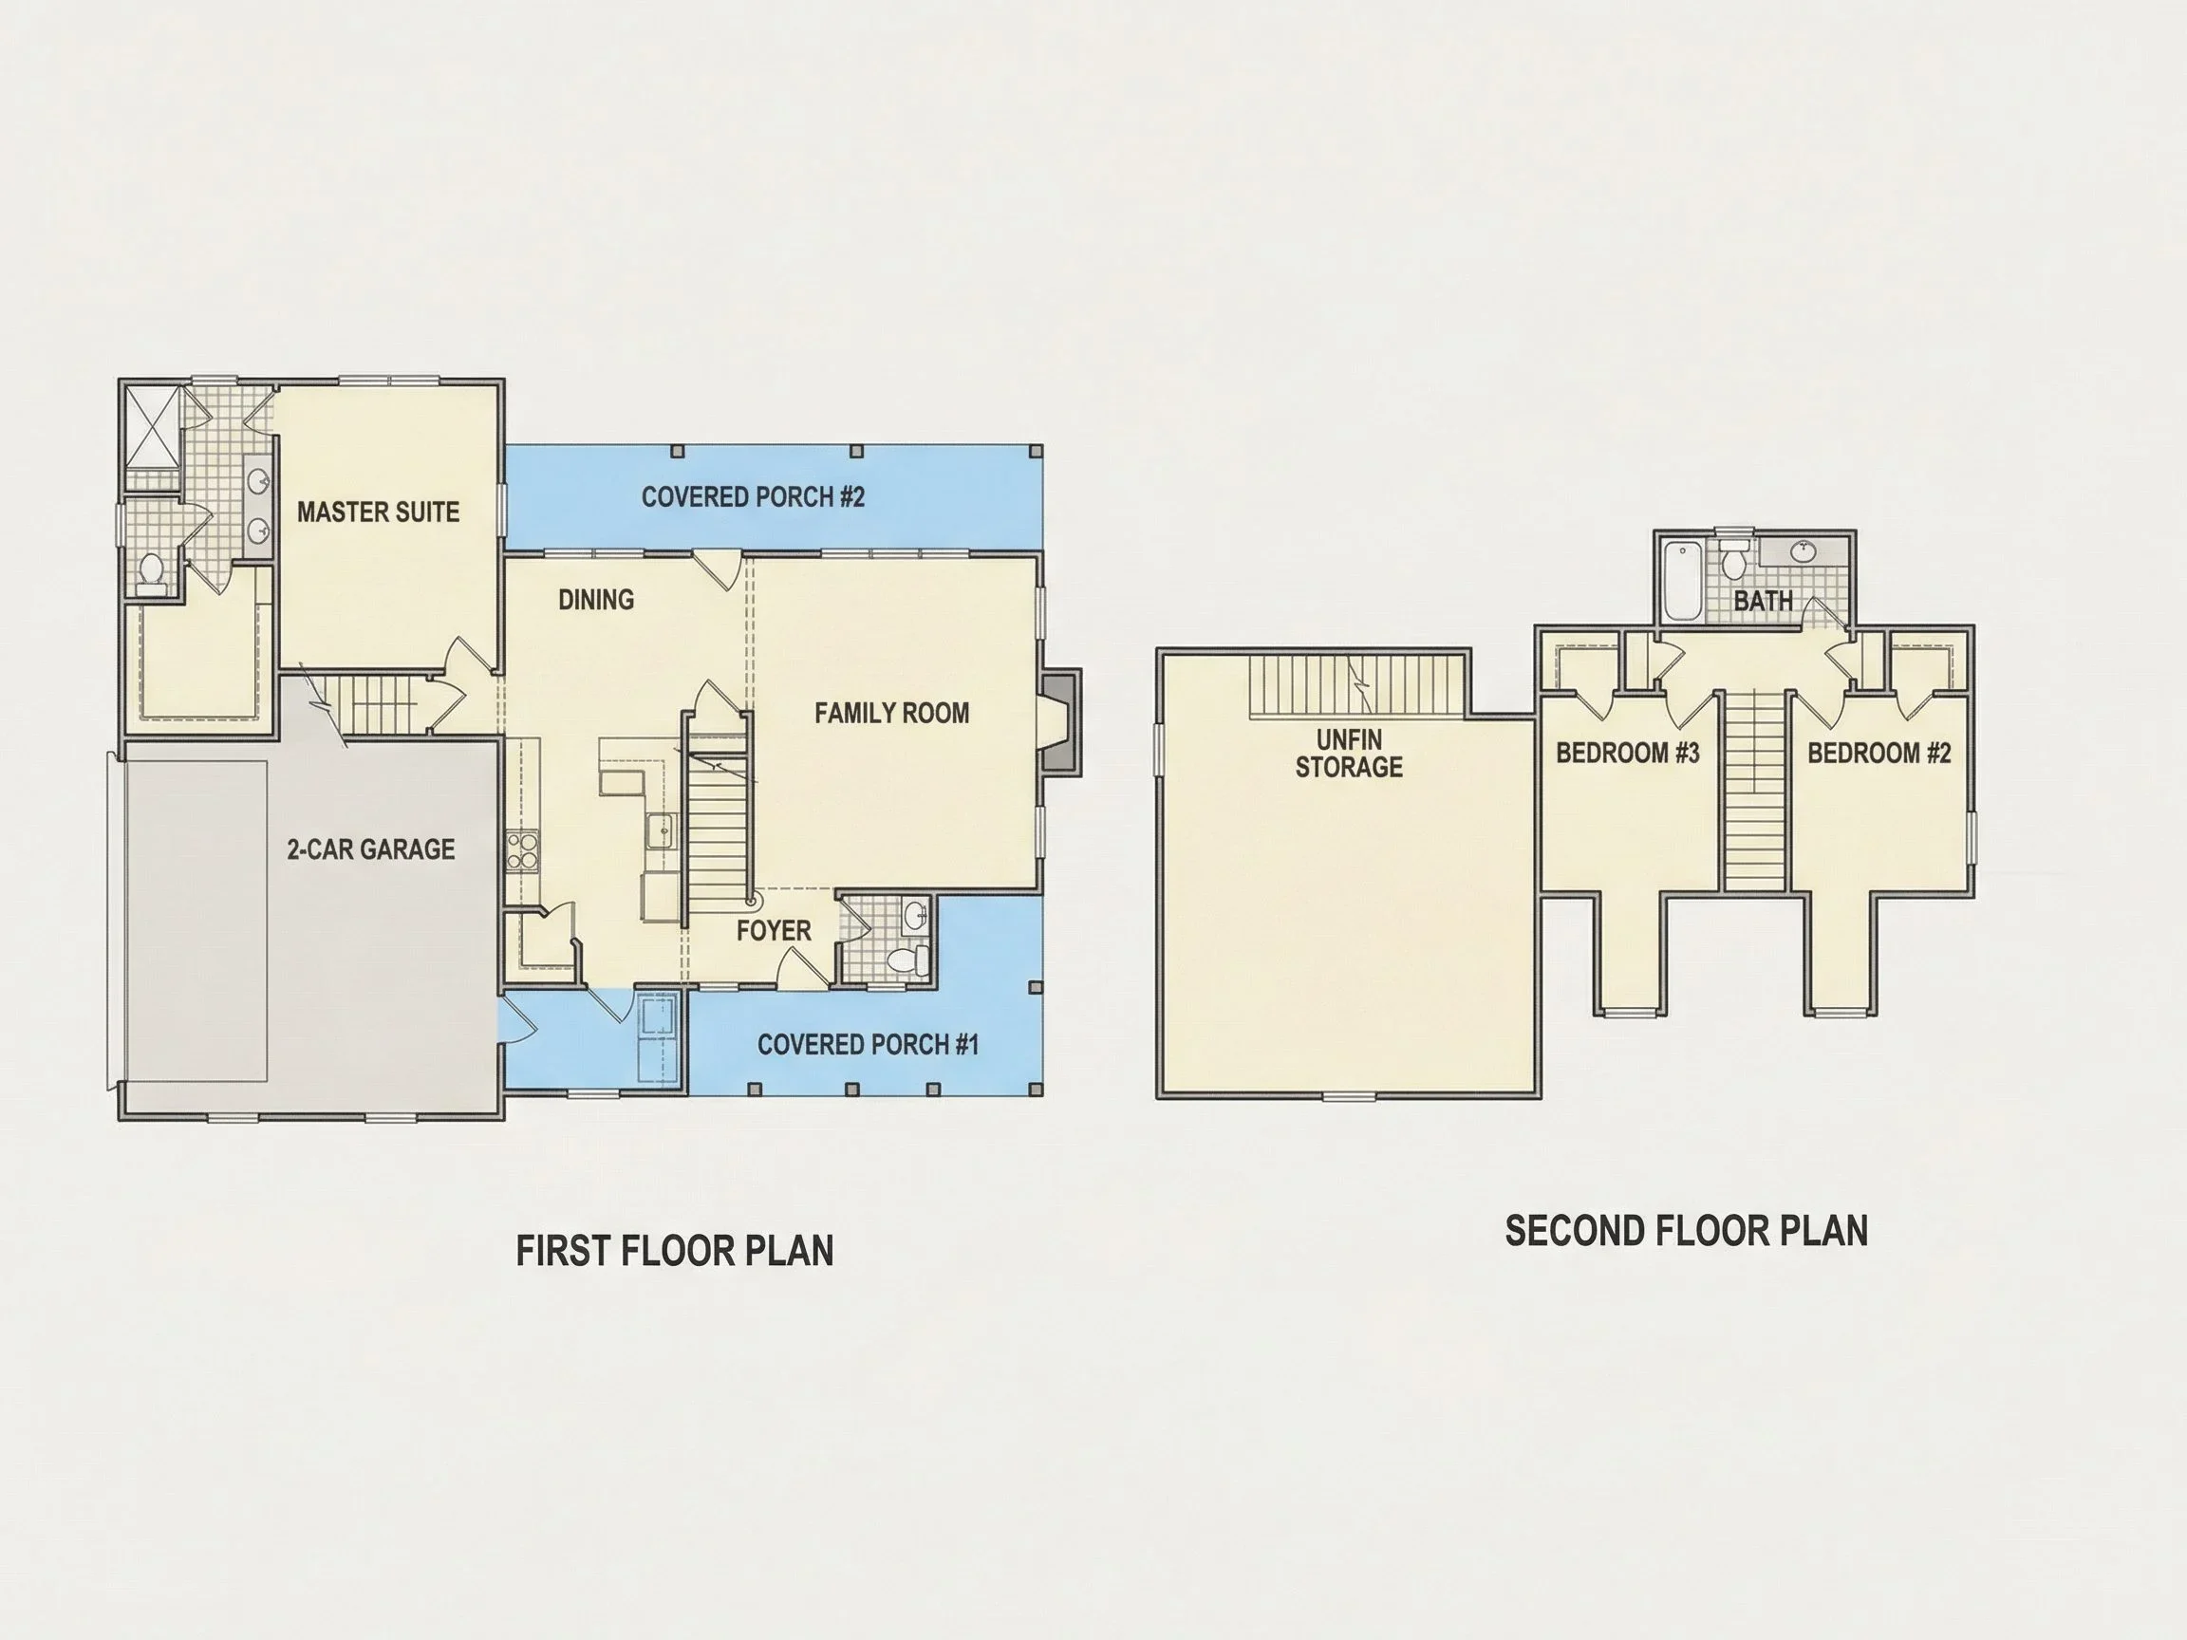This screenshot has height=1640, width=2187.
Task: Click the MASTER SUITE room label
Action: pos(378,512)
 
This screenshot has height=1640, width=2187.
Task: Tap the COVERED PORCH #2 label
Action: pos(753,496)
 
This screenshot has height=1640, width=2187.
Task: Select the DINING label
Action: pos(596,599)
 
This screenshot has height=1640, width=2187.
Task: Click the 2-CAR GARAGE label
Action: pos(371,849)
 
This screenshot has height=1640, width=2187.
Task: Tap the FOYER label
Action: pos(774,930)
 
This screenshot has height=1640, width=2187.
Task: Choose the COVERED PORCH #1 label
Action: pos(869,1045)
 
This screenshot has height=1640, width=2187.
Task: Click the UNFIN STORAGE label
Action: pos(1349,754)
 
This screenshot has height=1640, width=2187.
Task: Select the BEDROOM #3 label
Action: pos(1627,754)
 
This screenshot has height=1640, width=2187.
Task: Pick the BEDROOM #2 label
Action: pos(1879,754)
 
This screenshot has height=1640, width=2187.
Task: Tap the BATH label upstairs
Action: pos(1763,600)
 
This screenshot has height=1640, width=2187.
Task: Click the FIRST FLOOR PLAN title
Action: pos(674,1251)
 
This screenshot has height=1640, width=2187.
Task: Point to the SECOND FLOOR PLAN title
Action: pos(1686,1231)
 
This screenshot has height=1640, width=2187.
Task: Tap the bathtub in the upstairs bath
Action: pos(1682,580)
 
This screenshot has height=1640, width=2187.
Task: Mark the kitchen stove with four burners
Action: pos(521,851)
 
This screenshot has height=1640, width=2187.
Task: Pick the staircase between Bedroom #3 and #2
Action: pos(1755,789)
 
